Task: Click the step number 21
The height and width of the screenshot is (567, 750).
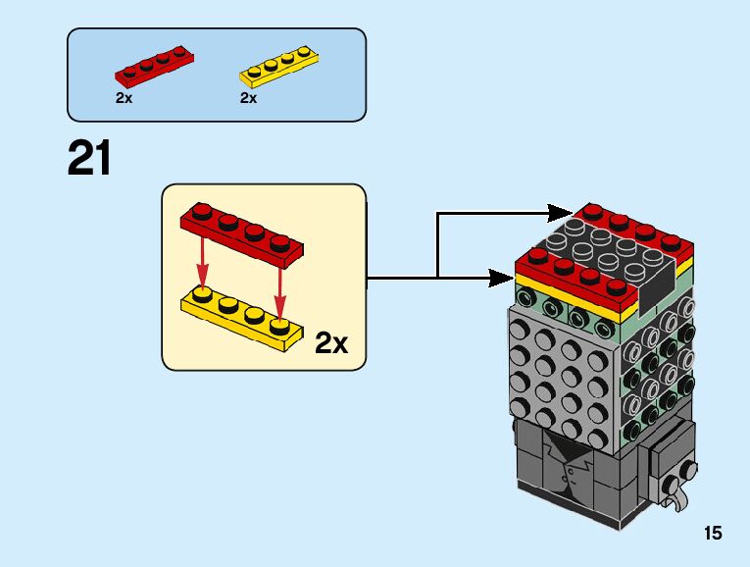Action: click(89, 159)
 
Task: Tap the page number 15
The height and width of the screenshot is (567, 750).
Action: click(712, 534)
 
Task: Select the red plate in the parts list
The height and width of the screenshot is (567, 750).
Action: click(154, 67)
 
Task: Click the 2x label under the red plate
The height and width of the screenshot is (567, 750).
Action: click(124, 98)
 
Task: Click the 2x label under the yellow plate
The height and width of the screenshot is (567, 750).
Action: click(248, 98)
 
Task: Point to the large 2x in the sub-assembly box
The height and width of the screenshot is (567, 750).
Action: click(331, 343)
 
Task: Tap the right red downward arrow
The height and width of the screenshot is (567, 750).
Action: click(281, 270)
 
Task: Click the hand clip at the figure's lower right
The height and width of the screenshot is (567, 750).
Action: click(675, 494)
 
